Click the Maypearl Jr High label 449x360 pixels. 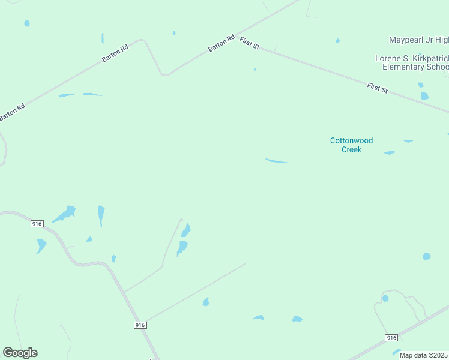[418, 40]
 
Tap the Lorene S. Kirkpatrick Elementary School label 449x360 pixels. [412, 62]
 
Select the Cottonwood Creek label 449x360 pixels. [351, 145]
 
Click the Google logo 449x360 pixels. [20, 353]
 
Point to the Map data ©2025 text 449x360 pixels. [424, 355]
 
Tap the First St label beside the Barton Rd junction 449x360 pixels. [249, 43]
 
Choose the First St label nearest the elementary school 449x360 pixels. [378, 88]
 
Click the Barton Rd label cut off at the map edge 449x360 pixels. [12, 112]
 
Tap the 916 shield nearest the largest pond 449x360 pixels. [37, 224]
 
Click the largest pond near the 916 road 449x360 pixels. [64, 213]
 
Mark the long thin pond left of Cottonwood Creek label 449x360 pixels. [276, 161]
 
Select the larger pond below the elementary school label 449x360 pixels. [424, 96]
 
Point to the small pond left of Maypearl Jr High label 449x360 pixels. [337, 41]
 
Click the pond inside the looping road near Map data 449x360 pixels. [385, 298]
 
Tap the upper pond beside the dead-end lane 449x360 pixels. [186, 230]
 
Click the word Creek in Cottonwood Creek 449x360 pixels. [351, 149]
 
